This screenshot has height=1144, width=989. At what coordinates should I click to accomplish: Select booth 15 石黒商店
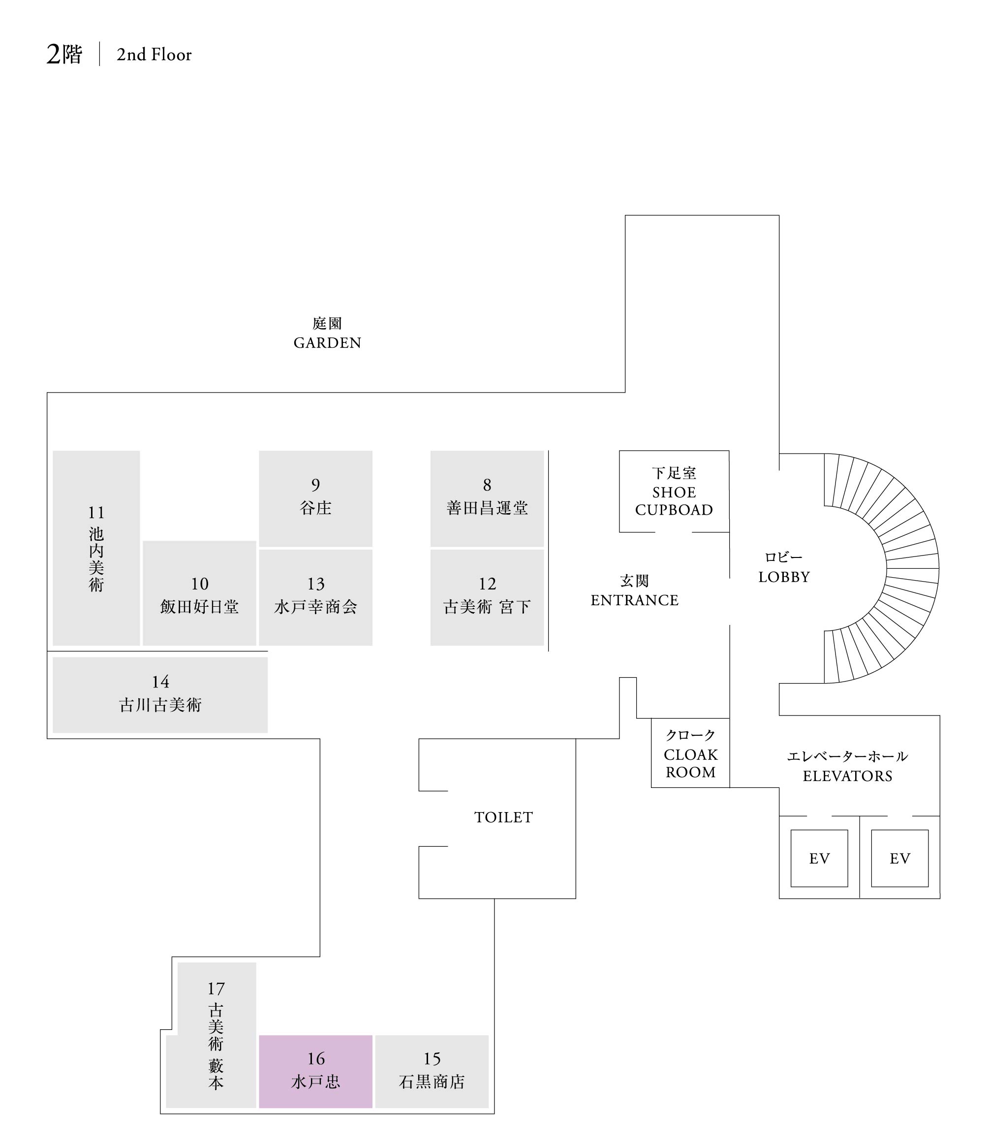[432, 1071]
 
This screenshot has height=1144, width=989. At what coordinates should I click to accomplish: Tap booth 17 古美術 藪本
[216, 1039]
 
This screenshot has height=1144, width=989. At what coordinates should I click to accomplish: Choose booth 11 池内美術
[96, 548]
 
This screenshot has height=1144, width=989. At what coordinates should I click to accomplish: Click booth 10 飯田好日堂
[199, 594]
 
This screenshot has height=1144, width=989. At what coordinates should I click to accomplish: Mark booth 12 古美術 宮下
[487, 596]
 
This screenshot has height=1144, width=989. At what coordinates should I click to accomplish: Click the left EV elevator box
[819, 858]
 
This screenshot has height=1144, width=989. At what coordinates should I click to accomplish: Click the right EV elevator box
[899, 858]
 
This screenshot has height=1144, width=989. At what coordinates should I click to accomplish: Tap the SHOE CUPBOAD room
[674, 491]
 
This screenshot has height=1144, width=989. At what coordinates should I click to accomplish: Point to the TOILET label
[503, 817]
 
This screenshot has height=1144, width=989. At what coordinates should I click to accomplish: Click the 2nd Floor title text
[154, 55]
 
